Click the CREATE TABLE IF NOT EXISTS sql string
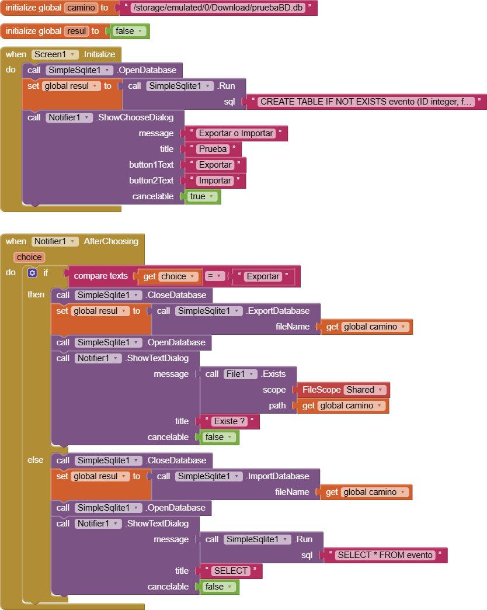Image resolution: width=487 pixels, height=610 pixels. [x=366, y=102]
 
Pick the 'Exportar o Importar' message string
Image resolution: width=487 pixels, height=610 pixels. [x=236, y=133]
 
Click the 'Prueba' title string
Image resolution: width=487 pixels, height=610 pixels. [x=213, y=149]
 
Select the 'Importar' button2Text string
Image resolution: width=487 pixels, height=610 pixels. [x=215, y=181]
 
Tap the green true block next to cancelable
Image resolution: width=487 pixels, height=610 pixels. [x=202, y=196]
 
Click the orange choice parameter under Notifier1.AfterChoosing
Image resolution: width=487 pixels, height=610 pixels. [x=29, y=257]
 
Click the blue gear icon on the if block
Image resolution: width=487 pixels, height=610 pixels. [x=32, y=273]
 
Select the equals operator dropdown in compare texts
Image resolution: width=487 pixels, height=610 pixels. [x=215, y=276]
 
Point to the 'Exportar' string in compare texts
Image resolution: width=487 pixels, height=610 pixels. [x=263, y=276]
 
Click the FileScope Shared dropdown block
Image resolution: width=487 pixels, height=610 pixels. [x=343, y=390]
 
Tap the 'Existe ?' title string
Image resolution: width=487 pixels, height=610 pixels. [x=229, y=421]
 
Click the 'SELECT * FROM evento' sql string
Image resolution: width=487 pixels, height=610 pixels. [x=385, y=555]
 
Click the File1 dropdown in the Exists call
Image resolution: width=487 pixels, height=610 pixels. [x=241, y=374]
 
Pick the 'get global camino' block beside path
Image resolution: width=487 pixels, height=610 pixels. [x=343, y=405]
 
